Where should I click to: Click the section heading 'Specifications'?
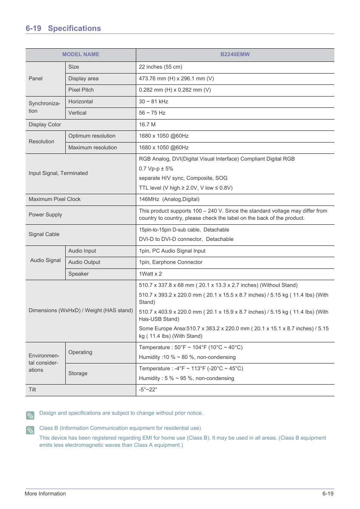(74, 28)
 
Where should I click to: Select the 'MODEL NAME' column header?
(81, 54)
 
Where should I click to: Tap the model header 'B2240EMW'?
(235, 54)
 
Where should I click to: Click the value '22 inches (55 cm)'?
(160, 67)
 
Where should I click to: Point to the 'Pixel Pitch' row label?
(81, 90)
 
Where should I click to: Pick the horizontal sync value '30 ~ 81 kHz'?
(153, 101)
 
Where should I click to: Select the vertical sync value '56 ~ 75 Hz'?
(152, 113)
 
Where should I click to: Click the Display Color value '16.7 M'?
(147, 124)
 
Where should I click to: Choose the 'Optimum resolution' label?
(92, 136)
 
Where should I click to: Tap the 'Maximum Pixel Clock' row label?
(55, 199)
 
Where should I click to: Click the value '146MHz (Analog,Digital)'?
(169, 199)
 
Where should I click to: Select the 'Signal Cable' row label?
(44, 234)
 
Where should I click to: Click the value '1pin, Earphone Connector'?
(171, 262)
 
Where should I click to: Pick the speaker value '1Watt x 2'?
(150, 274)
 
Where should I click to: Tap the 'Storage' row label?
(78, 373)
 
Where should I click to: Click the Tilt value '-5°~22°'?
(148, 389)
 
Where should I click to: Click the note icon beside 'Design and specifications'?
(30, 415)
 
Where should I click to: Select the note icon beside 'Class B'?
(30, 430)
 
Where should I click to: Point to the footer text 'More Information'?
(45, 494)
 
